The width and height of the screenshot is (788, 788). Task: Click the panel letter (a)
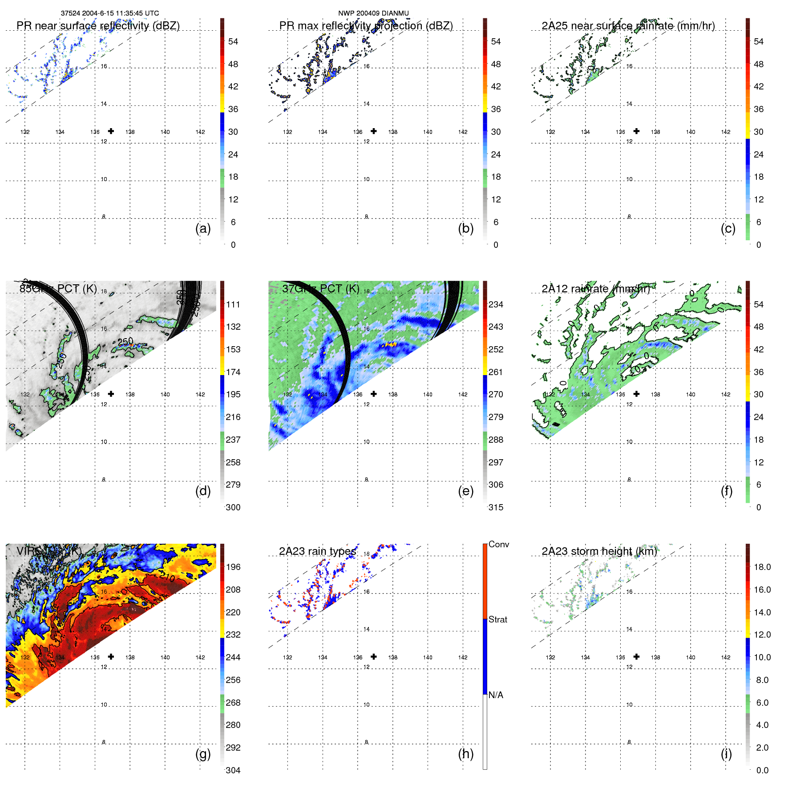(x=203, y=228)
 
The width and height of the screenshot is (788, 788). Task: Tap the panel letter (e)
(x=465, y=491)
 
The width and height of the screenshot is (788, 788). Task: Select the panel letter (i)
(x=726, y=754)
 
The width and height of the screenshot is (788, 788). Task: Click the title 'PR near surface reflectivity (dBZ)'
(x=98, y=26)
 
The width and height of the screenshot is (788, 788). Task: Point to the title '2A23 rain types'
(x=317, y=551)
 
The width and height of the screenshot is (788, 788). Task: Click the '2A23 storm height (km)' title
(x=599, y=551)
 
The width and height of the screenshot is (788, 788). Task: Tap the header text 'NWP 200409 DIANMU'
(x=373, y=13)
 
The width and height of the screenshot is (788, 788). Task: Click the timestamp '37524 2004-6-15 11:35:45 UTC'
(x=110, y=13)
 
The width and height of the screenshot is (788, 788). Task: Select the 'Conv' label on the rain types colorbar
(x=499, y=544)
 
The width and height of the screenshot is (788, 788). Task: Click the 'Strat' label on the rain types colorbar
(x=498, y=619)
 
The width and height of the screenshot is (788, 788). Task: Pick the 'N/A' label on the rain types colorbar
(x=496, y=695)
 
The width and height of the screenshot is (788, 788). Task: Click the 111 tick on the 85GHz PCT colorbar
(x=233, y=304)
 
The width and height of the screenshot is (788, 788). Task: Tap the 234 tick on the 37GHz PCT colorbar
(x=496, y=304)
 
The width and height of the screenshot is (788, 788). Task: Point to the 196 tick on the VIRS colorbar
(x=233, y=567)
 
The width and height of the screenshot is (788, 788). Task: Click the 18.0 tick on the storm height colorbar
(x=762, y=567)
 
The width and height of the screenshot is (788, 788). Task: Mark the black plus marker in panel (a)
(x=111, y=131)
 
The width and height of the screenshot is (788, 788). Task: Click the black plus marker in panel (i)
(x=637, y=656)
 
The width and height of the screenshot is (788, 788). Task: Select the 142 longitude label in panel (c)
(x=726, y=132)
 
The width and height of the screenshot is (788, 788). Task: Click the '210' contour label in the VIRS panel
(x=167, y=578)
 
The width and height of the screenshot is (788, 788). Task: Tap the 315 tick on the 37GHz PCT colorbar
(x=496, y=507)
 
